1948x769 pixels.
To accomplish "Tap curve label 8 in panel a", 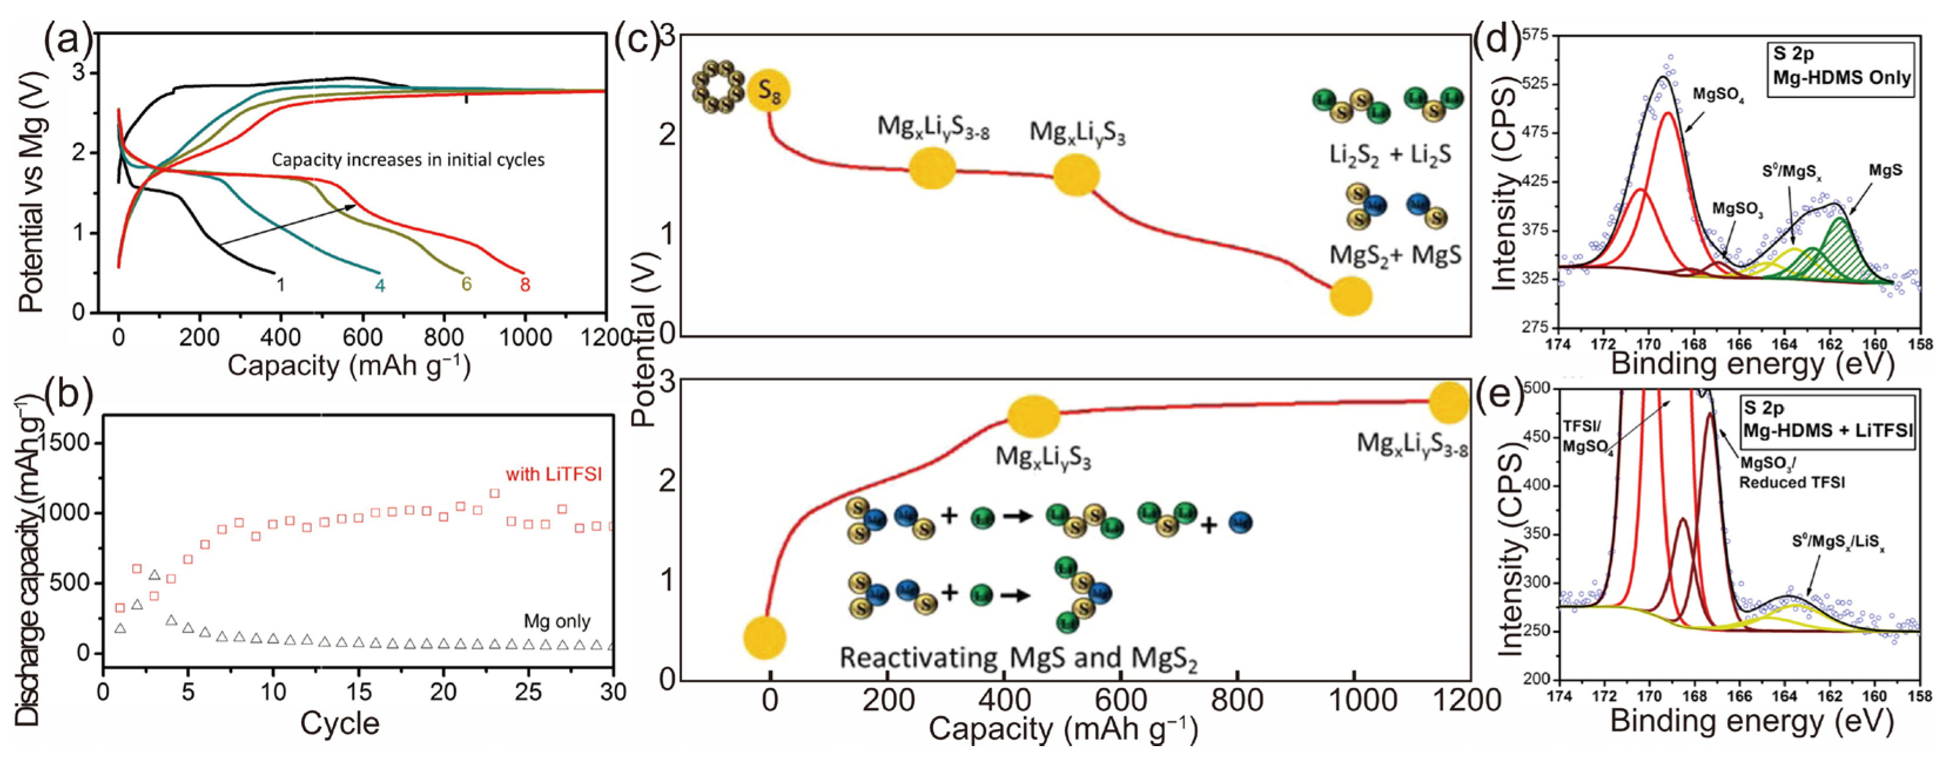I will (525, 286).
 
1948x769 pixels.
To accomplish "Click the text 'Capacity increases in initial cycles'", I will (408, 160).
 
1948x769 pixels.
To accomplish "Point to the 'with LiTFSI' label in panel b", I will (554, 474).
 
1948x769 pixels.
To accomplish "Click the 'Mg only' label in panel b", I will (557, 622).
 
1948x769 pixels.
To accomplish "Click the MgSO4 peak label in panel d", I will (1718, 95).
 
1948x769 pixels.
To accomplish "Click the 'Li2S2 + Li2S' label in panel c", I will (1390, 156).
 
